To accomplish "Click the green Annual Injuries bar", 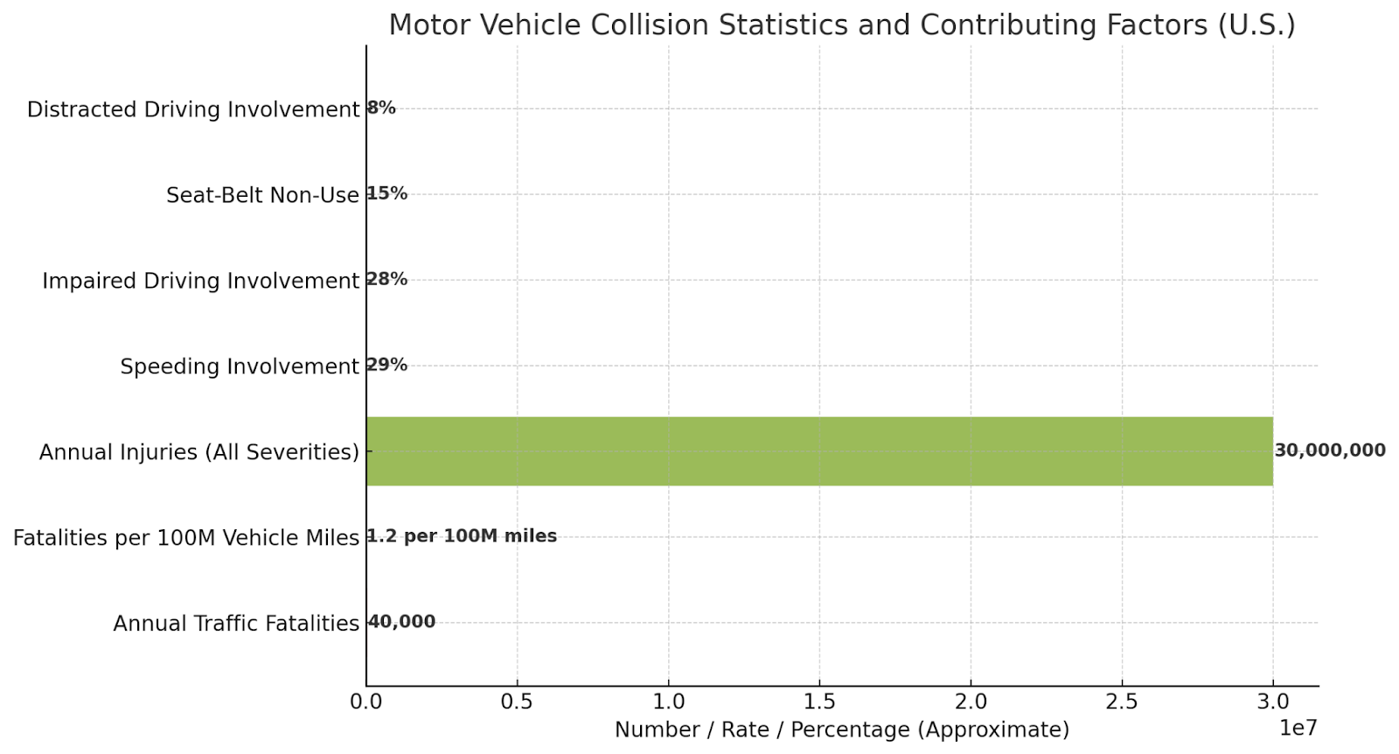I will click(x=819, y=451).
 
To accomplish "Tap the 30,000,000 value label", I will click(x=1329, y=450).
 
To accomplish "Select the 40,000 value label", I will click(x=401, y=622).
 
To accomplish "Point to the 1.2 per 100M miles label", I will click(x=462, y=536).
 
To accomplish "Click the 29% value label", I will click(x=387, y=365).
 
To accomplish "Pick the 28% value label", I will click(x=387, y=279).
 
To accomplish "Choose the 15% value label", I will click(x=387, y=193).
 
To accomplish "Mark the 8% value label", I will click(x=381, y=108).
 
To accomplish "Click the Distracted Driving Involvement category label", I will click(x=193, y=109).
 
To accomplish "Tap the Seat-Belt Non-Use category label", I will click(x=262, y=195).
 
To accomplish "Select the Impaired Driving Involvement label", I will click(x=200, y=281).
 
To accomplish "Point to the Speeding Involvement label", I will click(x=240, y=367).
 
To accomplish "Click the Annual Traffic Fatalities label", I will click(x=236, y=624).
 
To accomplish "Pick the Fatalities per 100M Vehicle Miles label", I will click(x=186, y=538).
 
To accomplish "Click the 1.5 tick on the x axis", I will click(x=819, y=702).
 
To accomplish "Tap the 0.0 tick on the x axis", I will click(x=365, y=702).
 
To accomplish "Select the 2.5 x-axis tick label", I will click(x=1122, y=702).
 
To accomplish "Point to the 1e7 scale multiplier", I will click(x=1298, y=728).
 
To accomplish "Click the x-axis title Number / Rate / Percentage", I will click(x=841, y=730).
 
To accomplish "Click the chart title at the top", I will click(x=841, y=24).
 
